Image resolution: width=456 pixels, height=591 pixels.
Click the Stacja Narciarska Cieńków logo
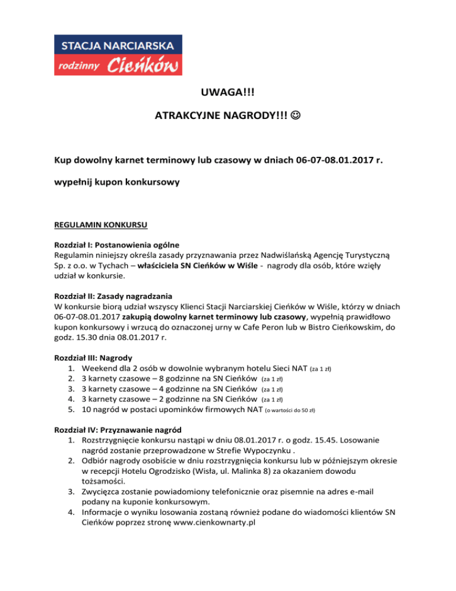pos(118,55)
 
